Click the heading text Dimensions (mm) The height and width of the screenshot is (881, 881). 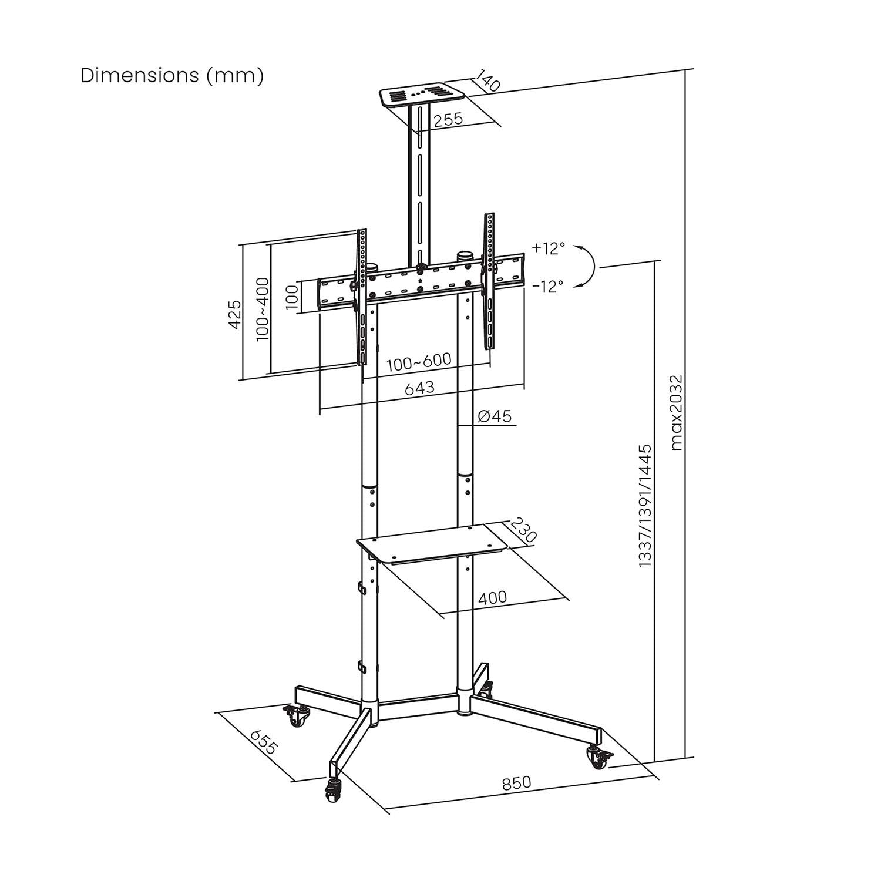point(172,76)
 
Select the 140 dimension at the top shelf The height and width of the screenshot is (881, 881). point(487,82)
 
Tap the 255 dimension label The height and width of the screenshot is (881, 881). point(448,119)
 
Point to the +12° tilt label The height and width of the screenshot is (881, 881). point(548,248)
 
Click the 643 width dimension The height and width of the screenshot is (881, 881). point(419,388)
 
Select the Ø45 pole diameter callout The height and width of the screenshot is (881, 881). point(495,416)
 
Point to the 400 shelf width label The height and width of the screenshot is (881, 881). point(492,598)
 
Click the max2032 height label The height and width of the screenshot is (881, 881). point(677,412)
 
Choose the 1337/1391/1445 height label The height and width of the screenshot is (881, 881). point(645,505)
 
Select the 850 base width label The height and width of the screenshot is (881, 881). point(516,783)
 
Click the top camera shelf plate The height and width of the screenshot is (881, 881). point(422,96)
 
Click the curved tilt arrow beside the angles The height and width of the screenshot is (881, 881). point(587,267)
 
